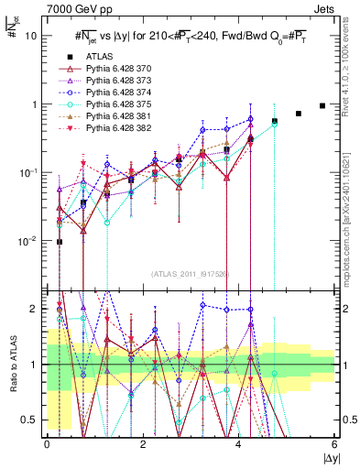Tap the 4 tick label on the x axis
(x=239, y=444)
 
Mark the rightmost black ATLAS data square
(x=322, y=105)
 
